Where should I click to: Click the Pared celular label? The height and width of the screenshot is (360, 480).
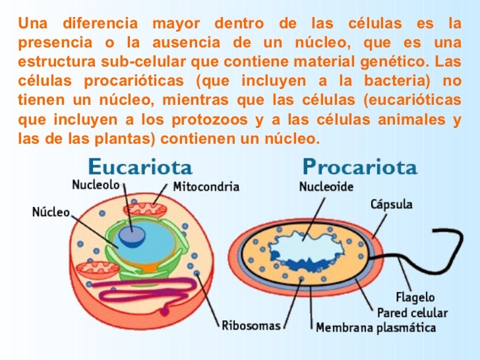[411, 312]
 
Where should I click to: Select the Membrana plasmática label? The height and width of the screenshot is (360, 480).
[376, 327]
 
